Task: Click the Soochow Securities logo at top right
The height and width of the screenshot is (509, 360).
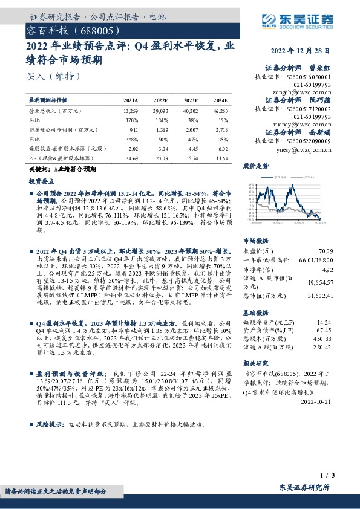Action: point(300,19)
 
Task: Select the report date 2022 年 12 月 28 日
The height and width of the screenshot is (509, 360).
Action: point(301,50)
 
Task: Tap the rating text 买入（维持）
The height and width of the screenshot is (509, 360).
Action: point(53,76)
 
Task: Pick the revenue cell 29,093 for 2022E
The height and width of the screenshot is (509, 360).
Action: point(160,112)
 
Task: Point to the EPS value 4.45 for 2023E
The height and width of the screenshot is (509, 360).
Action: point(192,148)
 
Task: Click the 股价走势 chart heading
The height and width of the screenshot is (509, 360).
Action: point(256,165)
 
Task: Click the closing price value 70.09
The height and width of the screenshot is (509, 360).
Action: point(326,250)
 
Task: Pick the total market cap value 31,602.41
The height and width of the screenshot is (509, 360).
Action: point(320,296)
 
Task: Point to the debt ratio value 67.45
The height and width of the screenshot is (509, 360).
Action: point(326,331)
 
